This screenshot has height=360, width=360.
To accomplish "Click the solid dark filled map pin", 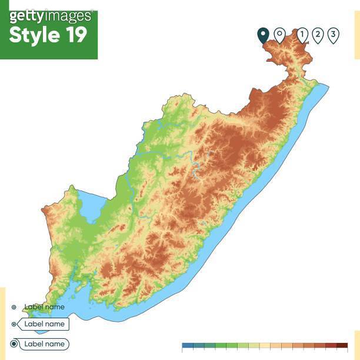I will point(263,35).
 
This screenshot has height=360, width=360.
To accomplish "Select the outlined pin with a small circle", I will point(279,35).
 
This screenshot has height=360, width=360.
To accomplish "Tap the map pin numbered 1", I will point(302,35).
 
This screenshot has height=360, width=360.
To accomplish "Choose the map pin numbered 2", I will point(318,35).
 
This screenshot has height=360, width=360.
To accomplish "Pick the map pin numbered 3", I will point(333,35).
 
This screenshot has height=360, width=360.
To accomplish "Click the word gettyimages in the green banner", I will point(51,15).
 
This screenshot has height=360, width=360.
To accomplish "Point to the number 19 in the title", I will point(74,35).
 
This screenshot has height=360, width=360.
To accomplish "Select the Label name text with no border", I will point(44,306).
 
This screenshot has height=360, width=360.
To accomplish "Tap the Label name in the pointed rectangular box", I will point(44,324).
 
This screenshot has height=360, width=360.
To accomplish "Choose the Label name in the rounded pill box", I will point(44,344).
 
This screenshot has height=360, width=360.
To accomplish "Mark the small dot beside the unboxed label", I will point(14,306).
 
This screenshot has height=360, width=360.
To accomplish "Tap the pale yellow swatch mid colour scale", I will point(265,345).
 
